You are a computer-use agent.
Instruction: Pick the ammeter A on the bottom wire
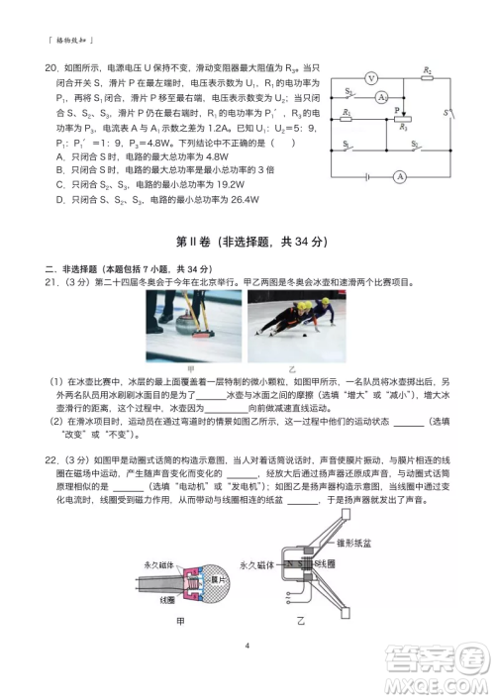[398, 176]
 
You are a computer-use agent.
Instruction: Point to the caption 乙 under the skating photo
[296, 368]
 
